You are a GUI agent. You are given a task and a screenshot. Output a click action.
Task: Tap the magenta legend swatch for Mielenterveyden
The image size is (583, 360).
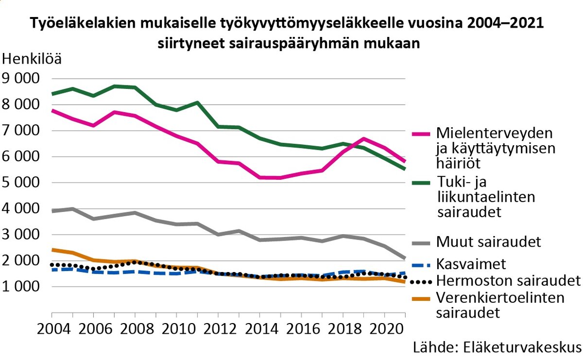421,133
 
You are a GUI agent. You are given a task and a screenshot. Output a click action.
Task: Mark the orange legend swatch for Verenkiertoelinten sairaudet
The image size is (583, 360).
421,298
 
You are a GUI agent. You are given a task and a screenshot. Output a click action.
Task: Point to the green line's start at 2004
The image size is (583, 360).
52,94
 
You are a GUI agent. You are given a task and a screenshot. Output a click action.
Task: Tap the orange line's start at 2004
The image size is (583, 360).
52,250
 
